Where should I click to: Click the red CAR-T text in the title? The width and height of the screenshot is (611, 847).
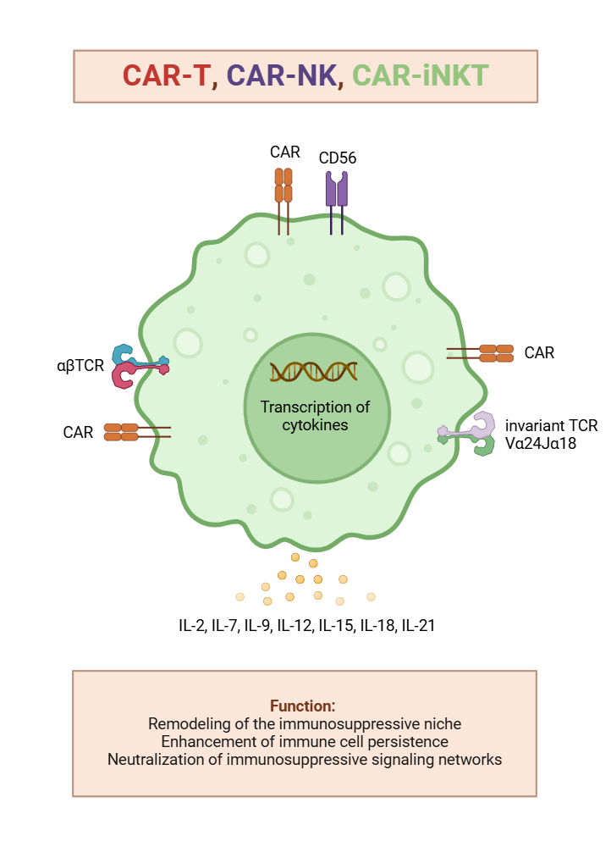coord(166,75)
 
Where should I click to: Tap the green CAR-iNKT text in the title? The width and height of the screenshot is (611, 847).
coord(420,75)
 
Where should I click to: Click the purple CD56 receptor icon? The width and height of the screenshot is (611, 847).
coord(337,191)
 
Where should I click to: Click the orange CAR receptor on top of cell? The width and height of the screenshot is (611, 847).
coord(283,186)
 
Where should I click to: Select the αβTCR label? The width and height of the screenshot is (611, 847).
coord(80,367)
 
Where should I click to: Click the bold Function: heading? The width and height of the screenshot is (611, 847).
coord(304,706)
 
